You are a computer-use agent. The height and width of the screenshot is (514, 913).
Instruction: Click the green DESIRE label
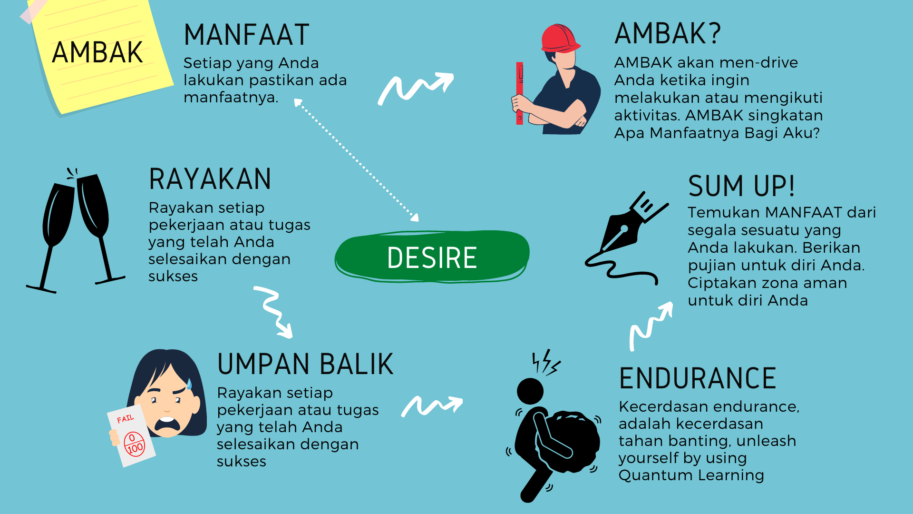click(x=432, y=257)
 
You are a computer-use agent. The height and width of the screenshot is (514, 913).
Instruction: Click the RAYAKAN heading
click(x=210, y=179)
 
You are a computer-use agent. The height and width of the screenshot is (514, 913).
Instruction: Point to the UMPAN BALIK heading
click(x=305, y=364)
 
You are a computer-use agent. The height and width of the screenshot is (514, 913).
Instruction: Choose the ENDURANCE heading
click(x=698, y=378)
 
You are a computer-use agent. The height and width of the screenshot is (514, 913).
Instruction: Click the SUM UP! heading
click(x=741, y=186)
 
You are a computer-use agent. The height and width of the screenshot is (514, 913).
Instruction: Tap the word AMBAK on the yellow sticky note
click(x=97, y=52)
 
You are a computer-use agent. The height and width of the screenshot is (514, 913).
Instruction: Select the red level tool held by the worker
click(x=520, y=93)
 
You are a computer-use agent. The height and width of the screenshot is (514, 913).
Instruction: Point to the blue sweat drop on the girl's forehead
click(x=189, y=384)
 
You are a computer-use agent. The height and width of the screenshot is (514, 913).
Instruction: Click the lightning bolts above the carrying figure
click(x=545, y=363)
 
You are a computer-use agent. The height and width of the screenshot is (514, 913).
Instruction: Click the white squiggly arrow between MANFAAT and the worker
click(x=415, y=89)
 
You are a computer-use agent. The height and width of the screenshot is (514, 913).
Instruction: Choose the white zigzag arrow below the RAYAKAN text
click(x=273, y=312)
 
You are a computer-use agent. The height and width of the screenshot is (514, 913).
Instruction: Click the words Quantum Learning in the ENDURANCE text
click(x=691, y=475)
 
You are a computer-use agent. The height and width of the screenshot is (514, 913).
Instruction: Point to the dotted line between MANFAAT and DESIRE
click(x=357, y=160)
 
